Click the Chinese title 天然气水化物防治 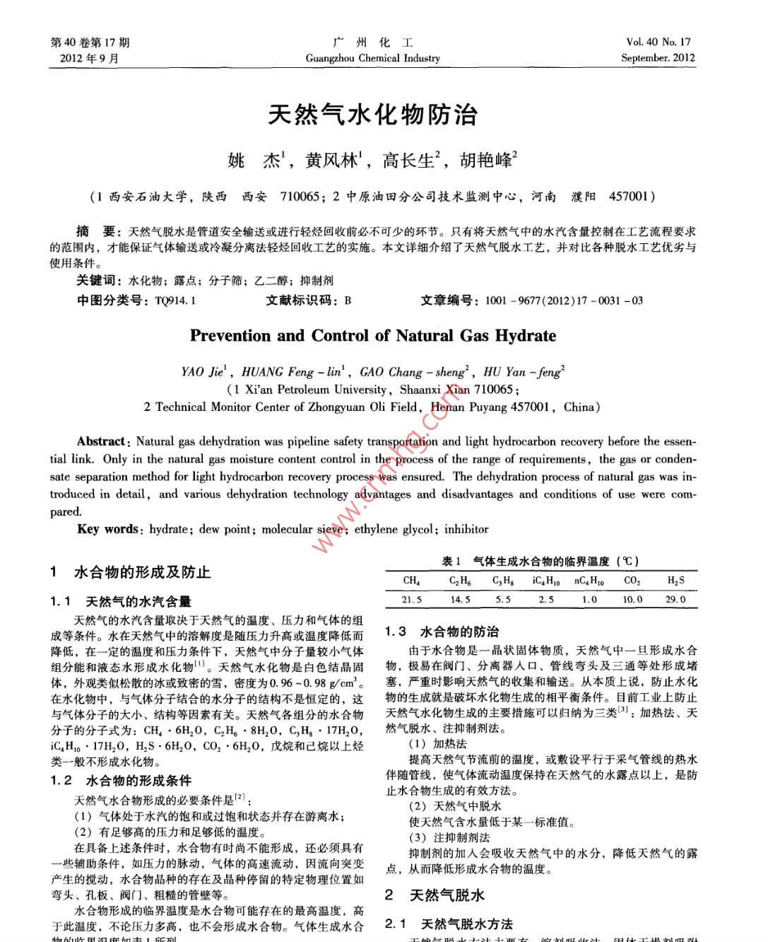click(x=372, y=115)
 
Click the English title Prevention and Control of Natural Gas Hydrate click(x=372, y=336)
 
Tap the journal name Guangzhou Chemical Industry click(x=372, y=58)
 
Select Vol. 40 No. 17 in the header click(x=658, y=42)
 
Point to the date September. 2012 click(x=658, y=58)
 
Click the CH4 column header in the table click(x=411, y=581)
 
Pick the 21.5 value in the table click(x=411, y=600)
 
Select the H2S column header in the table click(x=675, y=581)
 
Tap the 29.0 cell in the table click(x=675, y=600)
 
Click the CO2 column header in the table click(x=632, y=581)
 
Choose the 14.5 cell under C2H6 click(x=460, y=600)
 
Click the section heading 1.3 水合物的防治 click(x=442, y=632)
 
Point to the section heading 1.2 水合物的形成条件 click(x=121, y=781)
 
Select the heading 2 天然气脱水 click(x=435, y=895)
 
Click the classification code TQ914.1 click(x=175, y=301)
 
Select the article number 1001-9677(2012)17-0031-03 click(x=564, y=301)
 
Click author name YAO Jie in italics click(x=203, y=372)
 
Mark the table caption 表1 click(x=451, y=562)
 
